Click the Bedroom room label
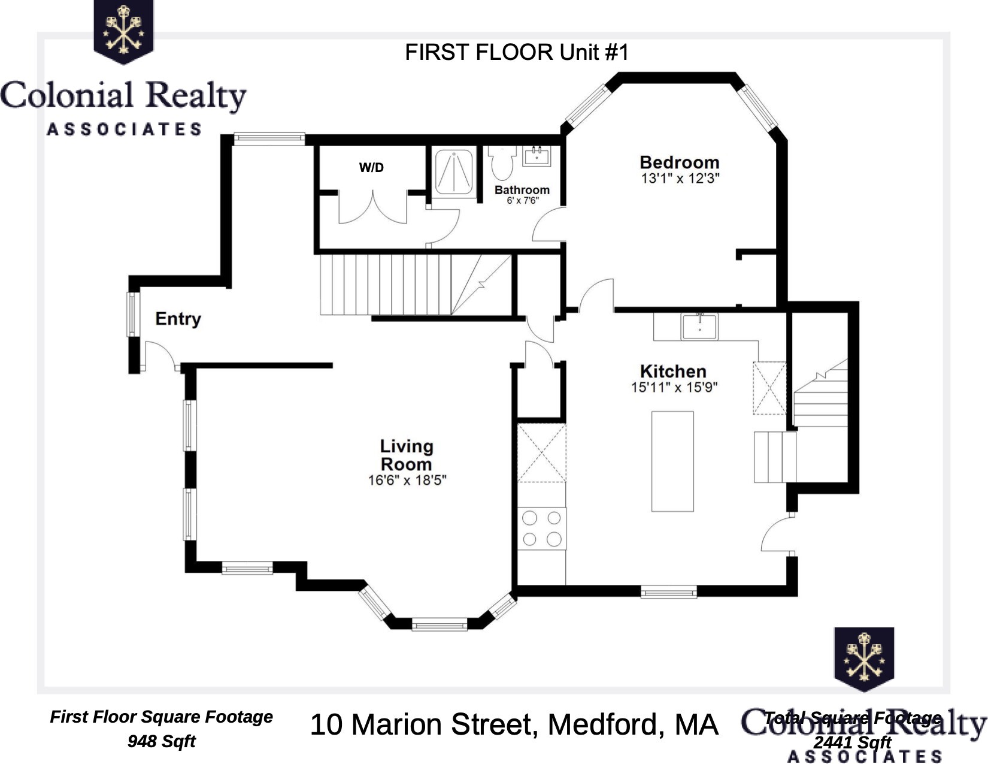(679, 162)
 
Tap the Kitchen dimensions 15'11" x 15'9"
(674, 388)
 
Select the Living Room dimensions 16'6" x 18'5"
(407, 481)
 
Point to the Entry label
(178, 318)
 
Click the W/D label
(371, 168)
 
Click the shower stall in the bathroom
(453, 172)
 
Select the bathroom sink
(537, 156)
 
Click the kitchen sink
(699, 327)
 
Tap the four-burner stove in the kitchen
(541, 528)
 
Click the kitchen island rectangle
(672, 461)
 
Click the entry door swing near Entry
(159, 355)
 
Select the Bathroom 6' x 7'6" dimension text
(522, 201)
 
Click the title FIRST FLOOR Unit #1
(517, 53)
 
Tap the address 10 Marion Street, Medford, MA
(513, 724)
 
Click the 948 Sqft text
(161, 741)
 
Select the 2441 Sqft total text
(851, 742)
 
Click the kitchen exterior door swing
(778, 535)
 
